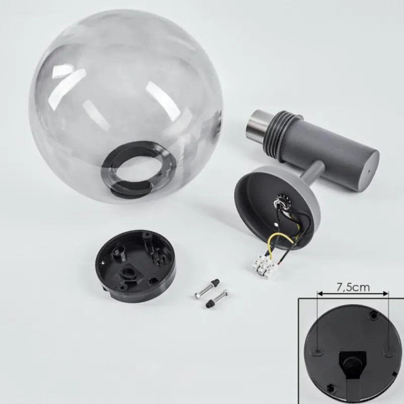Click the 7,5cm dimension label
[353, 287]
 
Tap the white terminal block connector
[265, 263]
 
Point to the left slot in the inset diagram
[317, 349]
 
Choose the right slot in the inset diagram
[387, 349]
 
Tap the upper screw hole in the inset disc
[374, 314]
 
